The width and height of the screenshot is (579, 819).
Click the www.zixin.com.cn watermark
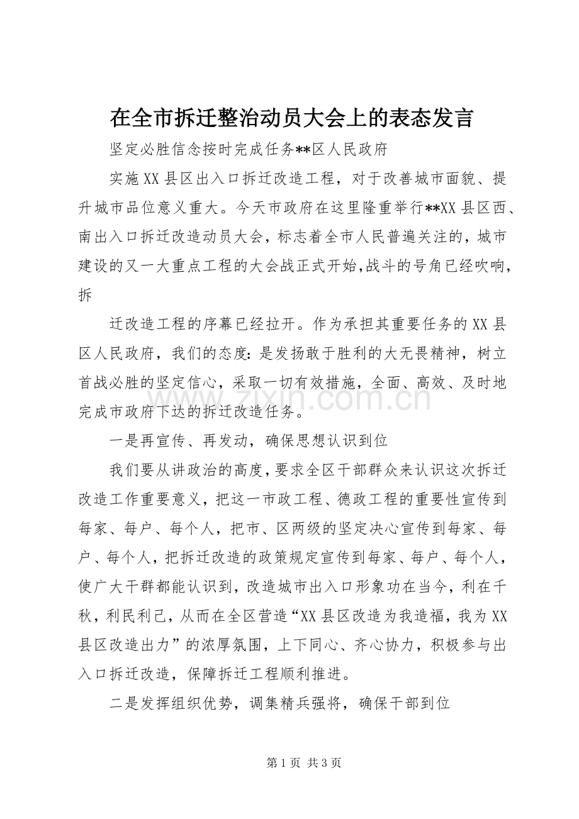[x=290, y=399]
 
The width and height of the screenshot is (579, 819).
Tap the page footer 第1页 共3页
[x=303, y=762]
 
